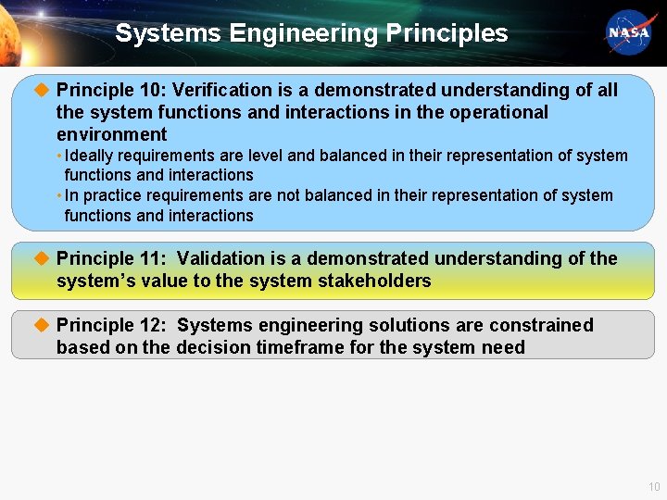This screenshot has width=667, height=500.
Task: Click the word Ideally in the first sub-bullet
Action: click(x=90, y=156)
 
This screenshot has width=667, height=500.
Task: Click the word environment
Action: click(x=111, y=134)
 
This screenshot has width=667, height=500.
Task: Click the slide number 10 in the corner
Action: click(x=654, y=487)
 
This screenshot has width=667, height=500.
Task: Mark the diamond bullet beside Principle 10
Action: click(x=40, y=90)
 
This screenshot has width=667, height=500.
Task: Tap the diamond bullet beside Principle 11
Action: click(x=40, y=258)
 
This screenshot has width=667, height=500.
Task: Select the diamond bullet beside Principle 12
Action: click(x=40, y=325)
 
